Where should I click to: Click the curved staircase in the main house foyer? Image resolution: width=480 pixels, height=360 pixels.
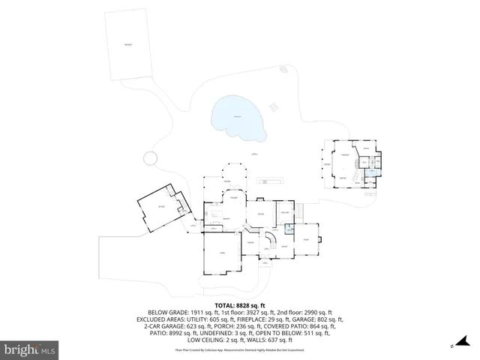coord(274,241)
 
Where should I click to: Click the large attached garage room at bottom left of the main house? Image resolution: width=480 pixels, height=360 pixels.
coord(221,255)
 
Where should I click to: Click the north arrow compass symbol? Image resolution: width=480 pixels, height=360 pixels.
coord(452,346)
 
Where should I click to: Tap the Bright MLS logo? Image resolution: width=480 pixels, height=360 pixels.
coord(30,349)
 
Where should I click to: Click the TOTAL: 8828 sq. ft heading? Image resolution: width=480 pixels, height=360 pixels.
coord(240,305)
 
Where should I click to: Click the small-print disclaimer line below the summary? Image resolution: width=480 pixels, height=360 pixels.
coord(240,349)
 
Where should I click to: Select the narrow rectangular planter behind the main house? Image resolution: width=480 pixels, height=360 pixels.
coord(271,181)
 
